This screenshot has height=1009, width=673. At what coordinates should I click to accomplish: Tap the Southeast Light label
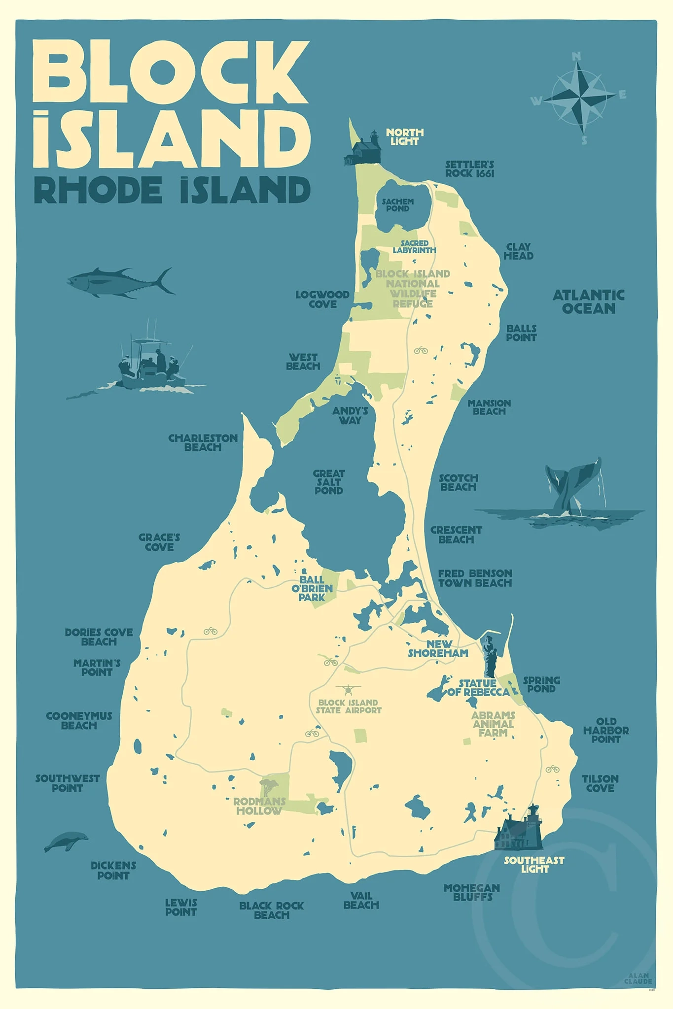[534, 864]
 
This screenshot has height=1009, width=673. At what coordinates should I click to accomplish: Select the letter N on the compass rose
[576, 57]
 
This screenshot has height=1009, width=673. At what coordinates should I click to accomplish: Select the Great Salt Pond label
[329, 482]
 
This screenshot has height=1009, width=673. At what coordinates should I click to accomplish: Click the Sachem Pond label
[398, 205]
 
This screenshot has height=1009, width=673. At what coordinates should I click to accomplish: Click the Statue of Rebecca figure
[490, 655]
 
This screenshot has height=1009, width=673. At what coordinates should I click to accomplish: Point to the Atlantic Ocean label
[589, 302]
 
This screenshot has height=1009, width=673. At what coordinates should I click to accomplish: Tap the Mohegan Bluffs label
[472, 892]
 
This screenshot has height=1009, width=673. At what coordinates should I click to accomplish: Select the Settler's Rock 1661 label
[469, 169]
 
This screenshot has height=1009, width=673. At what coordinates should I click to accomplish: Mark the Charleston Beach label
[203, 442]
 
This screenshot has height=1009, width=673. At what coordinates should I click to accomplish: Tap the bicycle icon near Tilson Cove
[552, 769]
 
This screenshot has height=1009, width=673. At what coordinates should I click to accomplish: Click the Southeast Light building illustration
[519, 832]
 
